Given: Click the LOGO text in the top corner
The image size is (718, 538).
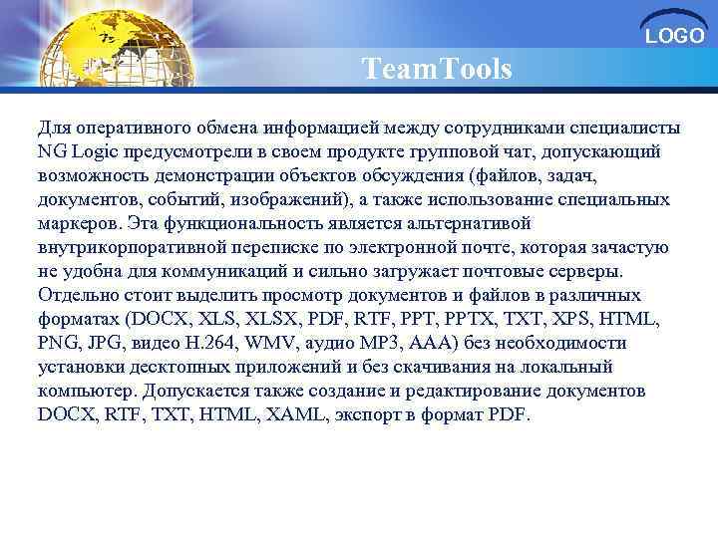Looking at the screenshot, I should tap(675, 37).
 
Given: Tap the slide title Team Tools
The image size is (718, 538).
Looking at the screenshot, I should tap(437, 70).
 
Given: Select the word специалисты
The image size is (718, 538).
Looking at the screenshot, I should tap(631, 129).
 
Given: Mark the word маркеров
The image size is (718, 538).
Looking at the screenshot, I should tap(76, 223).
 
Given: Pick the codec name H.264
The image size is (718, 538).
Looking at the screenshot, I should tap(205, 343).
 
